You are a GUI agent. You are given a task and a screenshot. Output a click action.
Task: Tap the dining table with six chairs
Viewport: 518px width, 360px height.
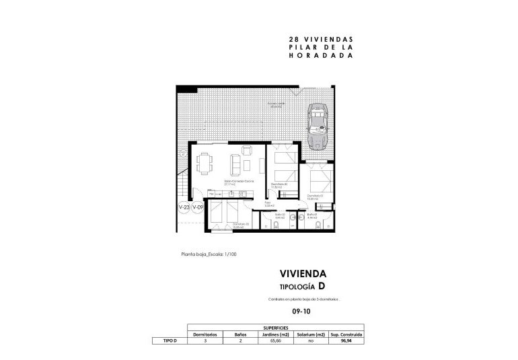206,163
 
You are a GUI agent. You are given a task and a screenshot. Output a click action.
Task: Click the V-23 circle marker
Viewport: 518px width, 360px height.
183,208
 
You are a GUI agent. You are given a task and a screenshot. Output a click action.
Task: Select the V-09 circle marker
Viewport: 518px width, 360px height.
197,208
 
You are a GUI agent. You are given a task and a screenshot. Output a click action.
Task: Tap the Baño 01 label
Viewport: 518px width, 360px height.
311,215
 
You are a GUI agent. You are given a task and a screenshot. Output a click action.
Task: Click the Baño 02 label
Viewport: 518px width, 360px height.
281,215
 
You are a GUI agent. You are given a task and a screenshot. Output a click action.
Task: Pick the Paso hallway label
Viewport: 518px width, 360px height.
267,203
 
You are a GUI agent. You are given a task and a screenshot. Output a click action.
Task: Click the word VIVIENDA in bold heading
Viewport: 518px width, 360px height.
303,274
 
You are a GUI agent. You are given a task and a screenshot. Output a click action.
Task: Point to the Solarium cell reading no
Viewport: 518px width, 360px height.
311,341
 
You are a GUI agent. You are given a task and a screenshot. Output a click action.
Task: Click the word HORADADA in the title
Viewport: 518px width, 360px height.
320,57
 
